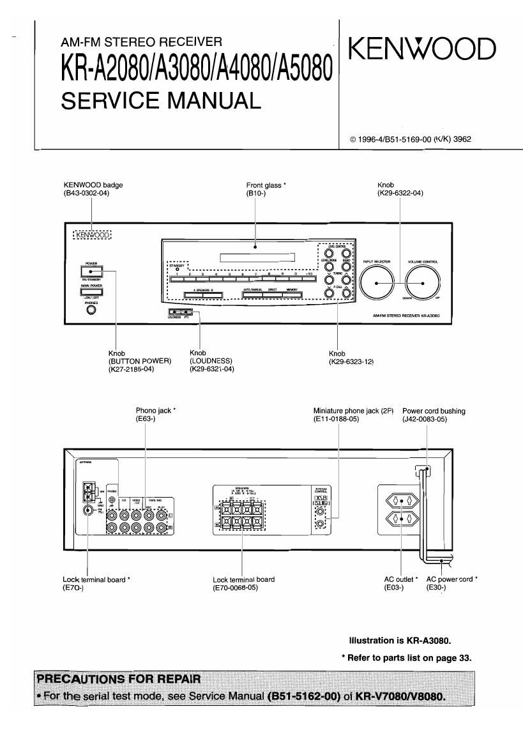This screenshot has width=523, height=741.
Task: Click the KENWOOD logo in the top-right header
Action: [x=422, y=49]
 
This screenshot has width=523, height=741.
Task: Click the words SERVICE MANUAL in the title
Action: [x=161, y=101]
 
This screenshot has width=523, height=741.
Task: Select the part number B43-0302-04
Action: [x=87, y=193]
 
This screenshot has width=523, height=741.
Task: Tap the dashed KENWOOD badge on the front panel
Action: [x=92, y=234]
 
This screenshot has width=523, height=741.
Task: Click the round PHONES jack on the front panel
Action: [x=91, y=310]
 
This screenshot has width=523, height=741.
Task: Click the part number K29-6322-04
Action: [x=401, y=193]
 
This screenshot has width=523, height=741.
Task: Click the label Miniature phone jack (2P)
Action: [x=353, y=411]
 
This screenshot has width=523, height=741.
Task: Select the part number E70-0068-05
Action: [x=235, y=588]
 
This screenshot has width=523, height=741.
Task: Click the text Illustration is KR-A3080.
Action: [x=404, y=640]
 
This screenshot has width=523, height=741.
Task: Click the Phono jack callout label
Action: [x=155, y=411]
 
